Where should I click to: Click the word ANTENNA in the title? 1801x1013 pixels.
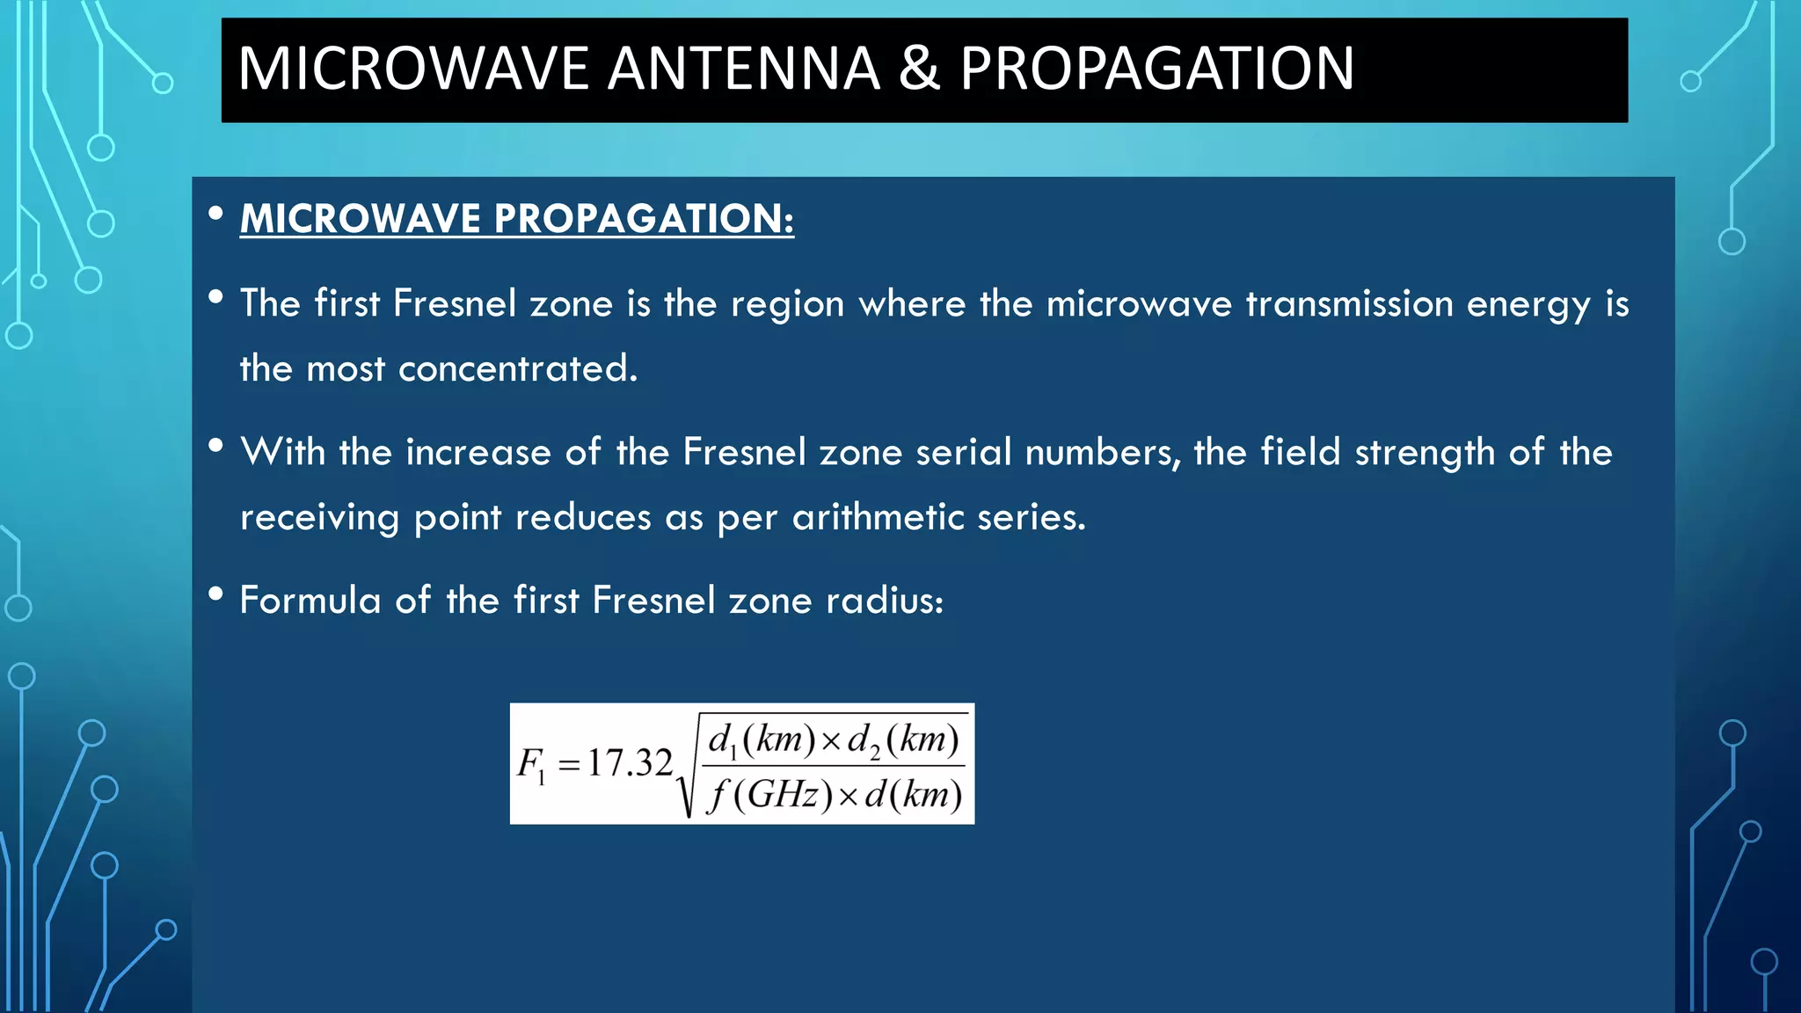(x=743, y=69)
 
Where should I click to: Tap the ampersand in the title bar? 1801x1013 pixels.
(x=919, y=69)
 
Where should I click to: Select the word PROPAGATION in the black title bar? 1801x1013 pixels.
(x=1156, y=69)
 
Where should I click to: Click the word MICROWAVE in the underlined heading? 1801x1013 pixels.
(x=360, y=218)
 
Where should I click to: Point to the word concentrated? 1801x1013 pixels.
(x=517, y=368)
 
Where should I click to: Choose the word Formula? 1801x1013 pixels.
(x=310, y=601)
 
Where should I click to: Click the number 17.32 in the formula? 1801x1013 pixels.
(x=630, y=762)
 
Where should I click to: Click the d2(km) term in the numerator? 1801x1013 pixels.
(x=902, y=740)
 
